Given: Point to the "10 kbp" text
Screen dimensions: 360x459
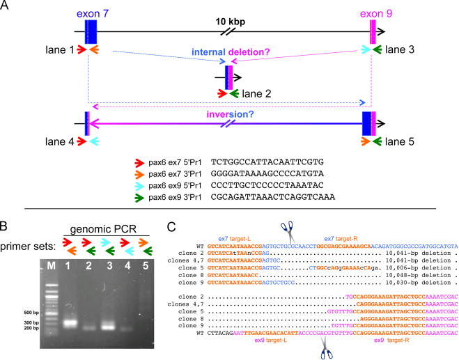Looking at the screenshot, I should tap(230, 23).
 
